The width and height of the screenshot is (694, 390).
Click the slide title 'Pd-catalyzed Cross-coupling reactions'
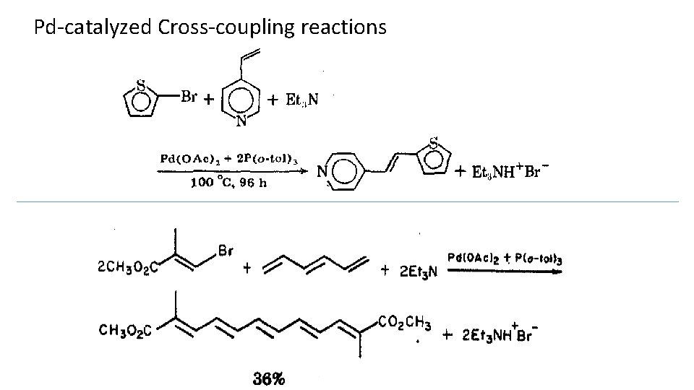point(210,27)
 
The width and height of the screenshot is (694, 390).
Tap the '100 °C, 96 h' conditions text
point(228,183)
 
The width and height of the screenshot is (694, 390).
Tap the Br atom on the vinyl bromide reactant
point(225,251)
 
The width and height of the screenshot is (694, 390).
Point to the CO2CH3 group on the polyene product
point(404,321)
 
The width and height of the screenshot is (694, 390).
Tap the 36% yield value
point(269,378)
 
